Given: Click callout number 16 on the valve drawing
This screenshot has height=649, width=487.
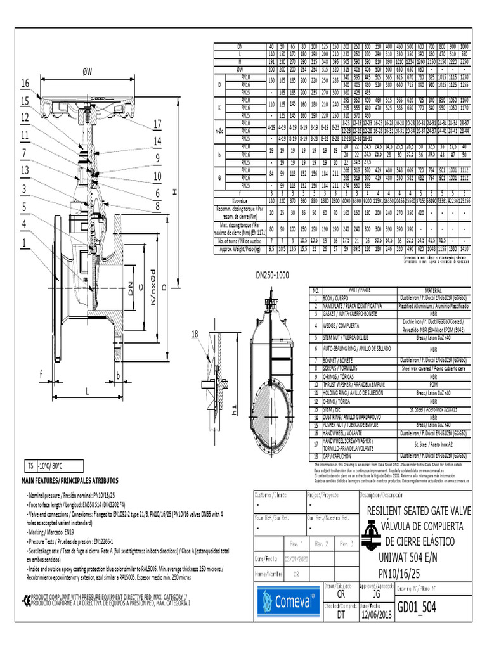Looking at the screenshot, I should click(x=25, y=84).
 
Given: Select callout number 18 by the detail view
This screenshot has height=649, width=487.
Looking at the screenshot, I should click(x=195, y=333).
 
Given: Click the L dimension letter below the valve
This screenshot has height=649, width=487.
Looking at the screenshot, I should click(x=86, y=389).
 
